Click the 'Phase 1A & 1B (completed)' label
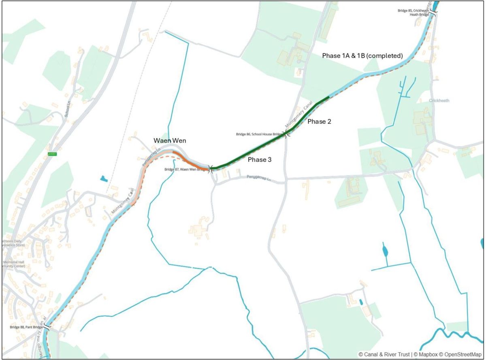click(x=362, y=55)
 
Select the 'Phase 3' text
click(x=260, y=160)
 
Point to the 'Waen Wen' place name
click(x=170, y=141)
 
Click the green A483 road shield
click(x=52, y=154)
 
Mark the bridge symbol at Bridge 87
click(x=209, y=169)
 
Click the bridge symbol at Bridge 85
click(x=433, y=13)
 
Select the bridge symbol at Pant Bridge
click(x=48, y=326)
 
